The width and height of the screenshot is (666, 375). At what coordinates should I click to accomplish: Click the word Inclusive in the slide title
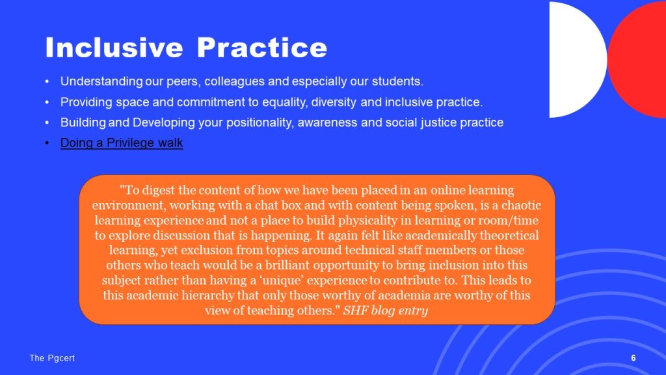click(114, 47)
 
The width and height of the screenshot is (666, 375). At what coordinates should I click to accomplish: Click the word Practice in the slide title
click(262, 47)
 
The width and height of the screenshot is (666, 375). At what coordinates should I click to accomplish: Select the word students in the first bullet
click(397, 81)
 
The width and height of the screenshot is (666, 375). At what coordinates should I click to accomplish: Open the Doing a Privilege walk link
click(122, 143)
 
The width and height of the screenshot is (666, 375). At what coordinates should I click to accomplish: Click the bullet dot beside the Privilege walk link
click(47, 143)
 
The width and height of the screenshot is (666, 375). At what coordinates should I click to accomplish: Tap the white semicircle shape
click(578, 59)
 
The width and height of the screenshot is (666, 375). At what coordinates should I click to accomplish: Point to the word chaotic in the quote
click(521, 205)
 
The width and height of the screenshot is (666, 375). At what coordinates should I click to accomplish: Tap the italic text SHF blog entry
click(386, 311)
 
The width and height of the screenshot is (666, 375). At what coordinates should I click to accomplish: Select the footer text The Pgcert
click(52, 358)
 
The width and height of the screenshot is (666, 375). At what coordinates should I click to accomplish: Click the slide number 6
click(633, 358)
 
